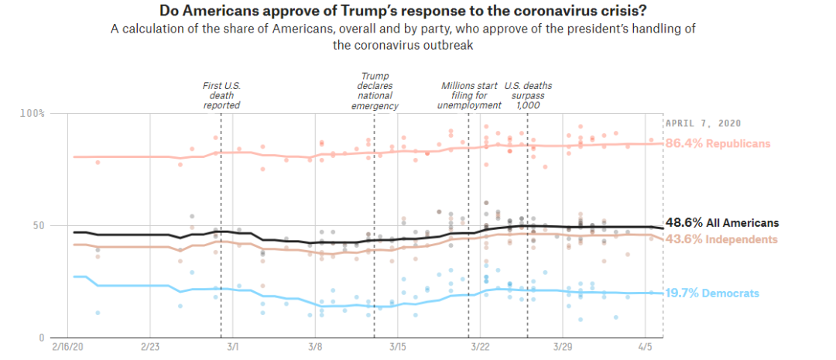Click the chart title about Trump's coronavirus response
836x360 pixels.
[x=403, y=12]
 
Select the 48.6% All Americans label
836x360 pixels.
[x=722, y=222]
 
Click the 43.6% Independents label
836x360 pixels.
[x=721, y=239]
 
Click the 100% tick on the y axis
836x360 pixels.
[x=33, y=113]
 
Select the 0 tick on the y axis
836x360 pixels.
[x=42, y=338]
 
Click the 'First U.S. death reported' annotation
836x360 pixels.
[x=221, y=95]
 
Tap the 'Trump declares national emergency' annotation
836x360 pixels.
[x=375, y=91]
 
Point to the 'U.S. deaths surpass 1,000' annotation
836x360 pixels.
[x=527, y=95]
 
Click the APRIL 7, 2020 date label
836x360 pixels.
[x=704, y=123]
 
